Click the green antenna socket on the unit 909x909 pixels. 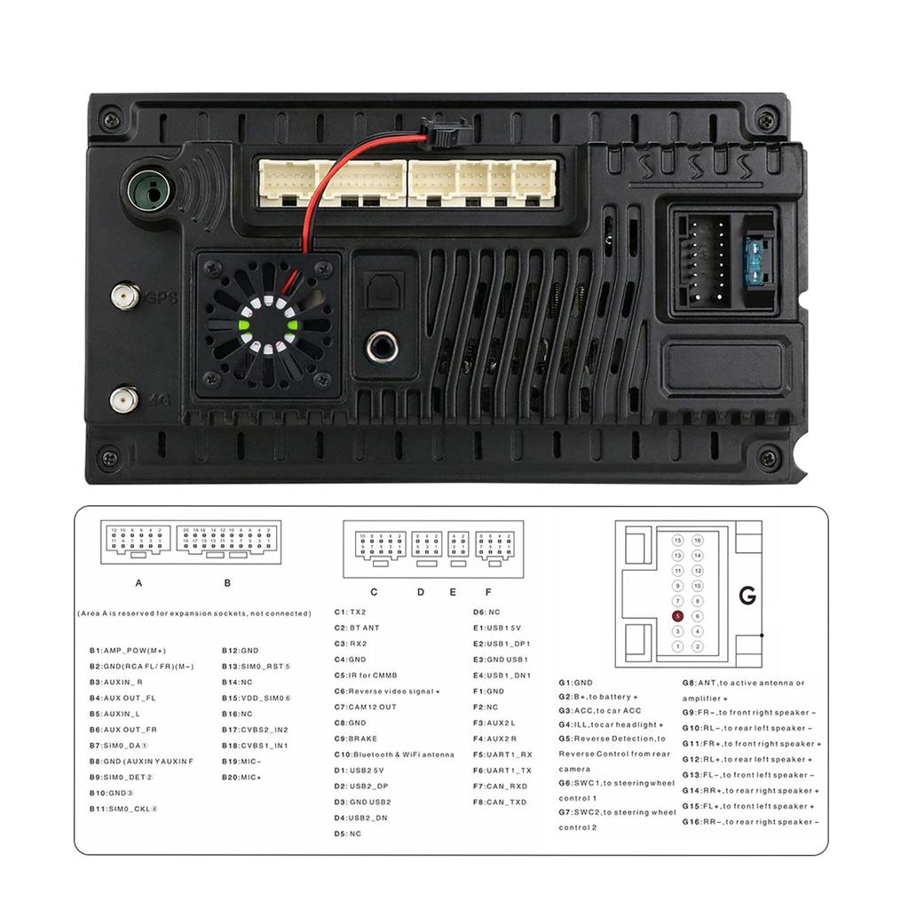tap(150, 189)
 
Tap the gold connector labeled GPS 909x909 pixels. tap(123, 296)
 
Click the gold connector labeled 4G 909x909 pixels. tap(123, 399)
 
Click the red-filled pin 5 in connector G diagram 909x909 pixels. tap(677, 615)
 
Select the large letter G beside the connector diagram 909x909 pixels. tap(747, 596)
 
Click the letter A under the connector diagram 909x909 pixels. tap(138, 583)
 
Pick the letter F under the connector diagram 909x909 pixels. tap(487, 591)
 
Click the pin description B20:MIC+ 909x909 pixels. tap(241, 777)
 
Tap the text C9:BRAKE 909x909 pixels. tap(355, 739)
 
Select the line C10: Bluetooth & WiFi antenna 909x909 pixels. tap(394, 755)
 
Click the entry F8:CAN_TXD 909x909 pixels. tap(500, 802)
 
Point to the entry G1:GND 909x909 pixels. tap(575, 683)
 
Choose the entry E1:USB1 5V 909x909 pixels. tap(501, 628)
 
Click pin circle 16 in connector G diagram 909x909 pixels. tap(698, 540)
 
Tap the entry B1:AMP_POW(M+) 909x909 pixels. tap(128, 651)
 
